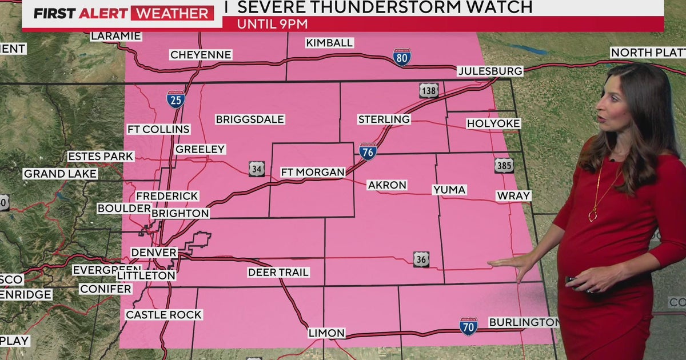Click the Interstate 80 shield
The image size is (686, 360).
pos(402,57)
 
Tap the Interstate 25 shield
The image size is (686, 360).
pos(176,99)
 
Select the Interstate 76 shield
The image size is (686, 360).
pos(368,151)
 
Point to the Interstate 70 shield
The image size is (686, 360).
pos(469,326)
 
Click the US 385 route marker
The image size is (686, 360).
pos(504,165)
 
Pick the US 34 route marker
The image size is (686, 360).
pos(257,169)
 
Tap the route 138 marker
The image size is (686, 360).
pos(429,90)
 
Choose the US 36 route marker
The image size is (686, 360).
pos(422,259)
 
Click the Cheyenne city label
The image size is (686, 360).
pos(200,55)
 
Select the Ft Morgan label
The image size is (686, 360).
pos(313,172)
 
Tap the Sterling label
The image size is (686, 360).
pos(384,119)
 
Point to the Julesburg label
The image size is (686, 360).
pos(490,71)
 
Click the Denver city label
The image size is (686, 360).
pos(154,252)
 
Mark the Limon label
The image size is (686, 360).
pos(326,333)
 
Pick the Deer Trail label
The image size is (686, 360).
pos(278,273)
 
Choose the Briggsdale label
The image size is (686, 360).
pos(250,119)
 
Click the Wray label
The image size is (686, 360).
pos(513,195)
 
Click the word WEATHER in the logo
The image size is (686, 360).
pos(172,13)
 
